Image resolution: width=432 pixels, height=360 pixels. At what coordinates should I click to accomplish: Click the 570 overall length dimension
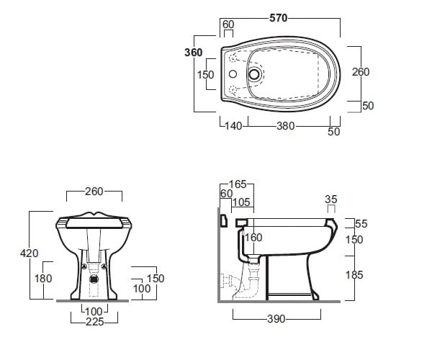point(278,18)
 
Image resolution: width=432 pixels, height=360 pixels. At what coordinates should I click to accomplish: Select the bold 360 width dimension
point(194,53)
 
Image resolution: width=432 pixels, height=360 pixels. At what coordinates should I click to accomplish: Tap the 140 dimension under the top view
point(233,126)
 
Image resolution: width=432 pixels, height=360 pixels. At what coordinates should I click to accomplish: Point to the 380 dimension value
point(286,126)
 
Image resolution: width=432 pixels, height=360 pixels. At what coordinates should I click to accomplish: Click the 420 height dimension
point(30,253)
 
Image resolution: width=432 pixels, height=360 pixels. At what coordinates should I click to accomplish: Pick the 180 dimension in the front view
point(43,279)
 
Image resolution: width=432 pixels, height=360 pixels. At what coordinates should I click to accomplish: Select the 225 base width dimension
point(95,322)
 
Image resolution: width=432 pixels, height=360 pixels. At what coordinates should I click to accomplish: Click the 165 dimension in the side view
point(238,184)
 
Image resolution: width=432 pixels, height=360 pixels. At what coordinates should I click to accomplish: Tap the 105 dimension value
point(241,202)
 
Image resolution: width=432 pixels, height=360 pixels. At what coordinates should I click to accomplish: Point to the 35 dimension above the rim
point(331,199)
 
